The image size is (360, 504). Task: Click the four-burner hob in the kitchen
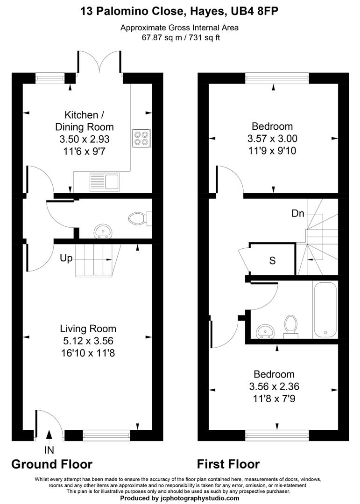pyautogui.click(x=141, y=138)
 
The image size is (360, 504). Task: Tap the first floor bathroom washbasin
pyautogui.click(x=266, y=330)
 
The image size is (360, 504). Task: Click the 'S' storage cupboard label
pyautogui.click(x=272, y=260)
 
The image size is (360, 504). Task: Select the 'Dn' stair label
pyautogui.click(x=298, y=214)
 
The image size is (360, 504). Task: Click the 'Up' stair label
pyautogui.click(x=66, y=258)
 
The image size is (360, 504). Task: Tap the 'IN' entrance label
pyautogui.click(x=49, y=450)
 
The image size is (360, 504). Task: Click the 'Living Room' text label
pyautogui.click(x=88, y=329)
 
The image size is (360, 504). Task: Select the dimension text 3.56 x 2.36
pyautogui.click(x=274, y=386)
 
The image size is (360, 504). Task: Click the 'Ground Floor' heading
pyautogui.click(x=52, y=464)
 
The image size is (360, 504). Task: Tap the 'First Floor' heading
pyautogui.click(x=228, y=464)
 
